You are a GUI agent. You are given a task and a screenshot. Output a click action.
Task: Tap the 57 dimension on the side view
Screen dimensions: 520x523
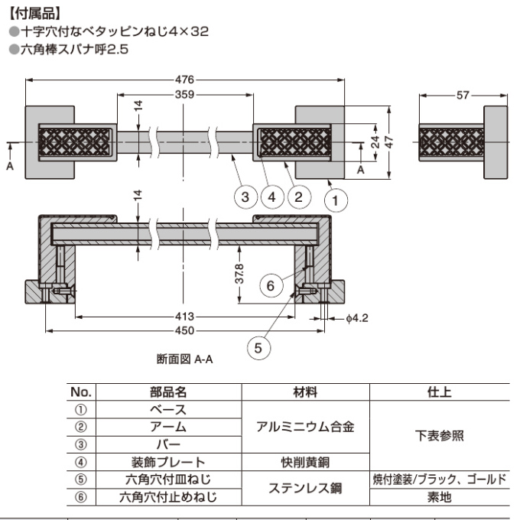click(x=463, y=95)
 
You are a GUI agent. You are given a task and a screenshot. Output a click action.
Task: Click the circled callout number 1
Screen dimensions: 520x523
click(x=335, y=200)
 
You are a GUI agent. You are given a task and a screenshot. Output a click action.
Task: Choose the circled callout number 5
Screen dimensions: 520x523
click(x=259, y=348)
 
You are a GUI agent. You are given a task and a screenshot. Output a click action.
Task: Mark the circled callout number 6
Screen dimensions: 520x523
click(x=268, y=286)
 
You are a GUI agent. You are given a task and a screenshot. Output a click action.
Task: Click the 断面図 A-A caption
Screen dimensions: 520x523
click(x=184, y=358)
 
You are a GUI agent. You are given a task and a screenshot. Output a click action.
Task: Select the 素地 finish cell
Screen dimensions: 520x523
click(x=439, y=496)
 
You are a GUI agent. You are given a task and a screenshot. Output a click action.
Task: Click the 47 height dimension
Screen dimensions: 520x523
click(x=389, y=142)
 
